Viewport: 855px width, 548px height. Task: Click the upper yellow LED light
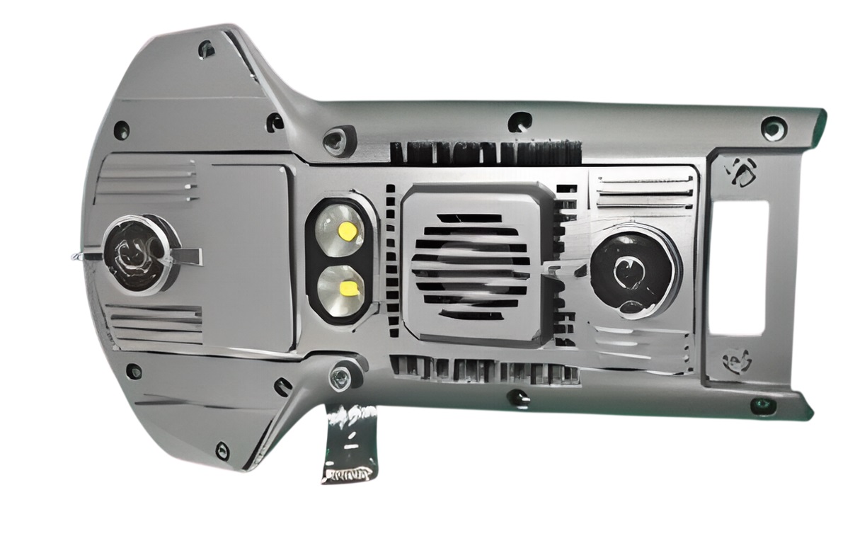point(348,231)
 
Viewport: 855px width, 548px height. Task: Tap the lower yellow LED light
point(348,288)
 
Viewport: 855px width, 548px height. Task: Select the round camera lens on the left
point(137,254)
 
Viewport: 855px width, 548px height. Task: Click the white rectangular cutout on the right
point(738,267)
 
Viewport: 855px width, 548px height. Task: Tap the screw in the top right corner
point(773,129)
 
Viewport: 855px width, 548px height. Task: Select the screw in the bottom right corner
point(762,406)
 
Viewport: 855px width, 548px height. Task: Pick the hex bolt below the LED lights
point(340,377)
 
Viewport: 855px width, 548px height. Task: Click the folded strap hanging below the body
point(350,443)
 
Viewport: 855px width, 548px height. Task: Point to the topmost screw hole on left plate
point(206,49)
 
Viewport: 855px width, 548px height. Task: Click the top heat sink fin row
point(486,152)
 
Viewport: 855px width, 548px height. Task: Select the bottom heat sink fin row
point(486,370)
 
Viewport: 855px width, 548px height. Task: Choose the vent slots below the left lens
point(154,324)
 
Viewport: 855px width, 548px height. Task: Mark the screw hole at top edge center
point(520,121)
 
